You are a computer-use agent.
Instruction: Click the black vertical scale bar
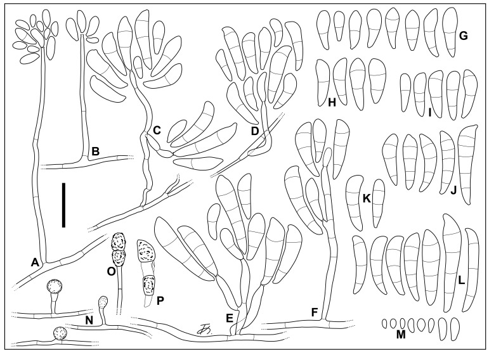pyautogui.click(x=63, y=205)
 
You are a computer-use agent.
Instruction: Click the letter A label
pyautogui.click(x=35, y=263)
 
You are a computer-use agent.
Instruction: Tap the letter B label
pyautogui.click(x=95, y=151)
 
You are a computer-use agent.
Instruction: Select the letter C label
pyautogui.click(x=157, y=130)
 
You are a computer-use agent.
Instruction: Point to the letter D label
pyautogui.click(x=255, y=131)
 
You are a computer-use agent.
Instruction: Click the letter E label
pyautogui.click(x=229, y=318)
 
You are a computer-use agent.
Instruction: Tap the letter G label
pyautogui.click(x=464, y=36)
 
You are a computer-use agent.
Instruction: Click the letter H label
pyautogui.click(x=332, y=102)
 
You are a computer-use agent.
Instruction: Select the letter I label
pyautogui.click(x=430, y=113)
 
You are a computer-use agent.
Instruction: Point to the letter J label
pyautogui.click(x=453, y=190)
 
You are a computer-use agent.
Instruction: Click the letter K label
pyautogui.click(x=367, y=198)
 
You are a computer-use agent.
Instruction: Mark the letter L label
pyautogui.click(x=462, y=281)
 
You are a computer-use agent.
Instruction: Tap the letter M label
pyautogui.click(x=401, y=335)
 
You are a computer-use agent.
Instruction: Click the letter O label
pyautogui.click(x=111, y=271)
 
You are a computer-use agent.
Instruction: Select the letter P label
pyautogui.click(x=160, y=300)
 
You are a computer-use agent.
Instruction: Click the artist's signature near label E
pyautogui.click(x=204, y=330)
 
